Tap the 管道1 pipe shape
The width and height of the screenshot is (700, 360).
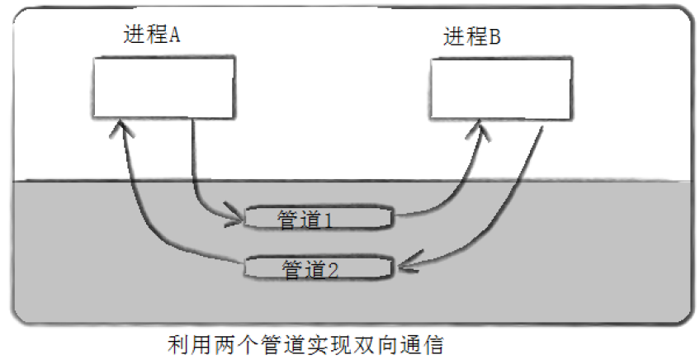coord(319,219)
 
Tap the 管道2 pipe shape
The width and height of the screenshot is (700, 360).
coord(319,268)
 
